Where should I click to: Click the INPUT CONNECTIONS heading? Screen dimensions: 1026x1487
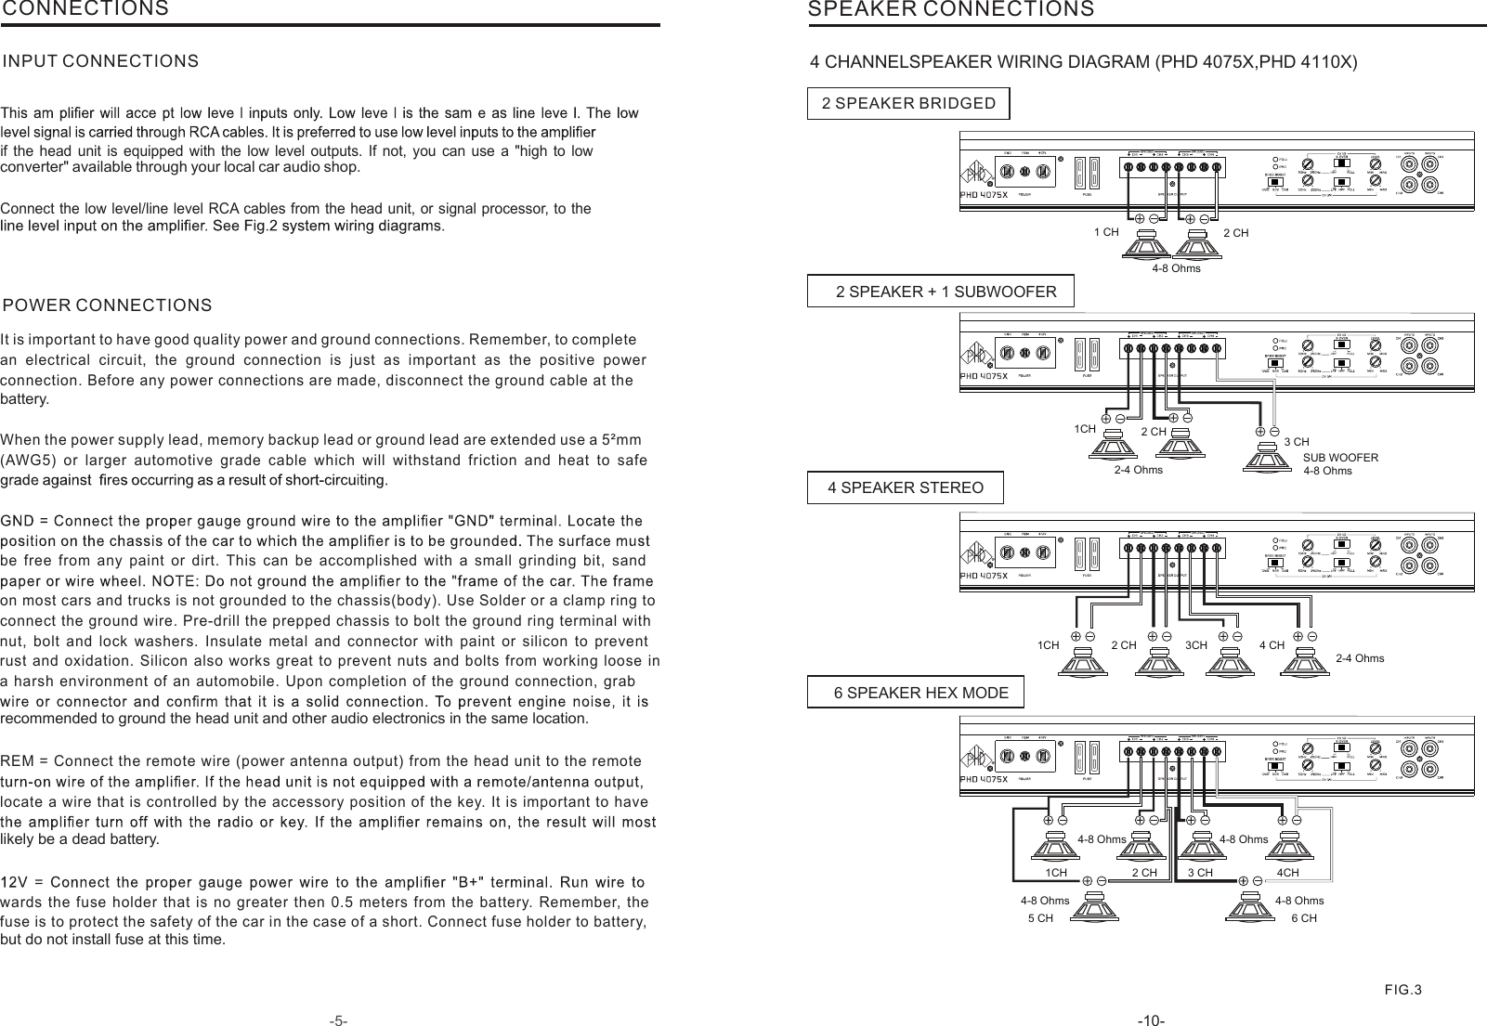[101, 61]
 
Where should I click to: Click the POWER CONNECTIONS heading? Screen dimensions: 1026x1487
[108, 305]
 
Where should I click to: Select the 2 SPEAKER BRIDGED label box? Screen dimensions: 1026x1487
[908, 103]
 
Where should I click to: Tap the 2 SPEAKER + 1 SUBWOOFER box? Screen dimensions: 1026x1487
[940, 292]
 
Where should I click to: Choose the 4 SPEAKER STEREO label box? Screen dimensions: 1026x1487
[905, 487]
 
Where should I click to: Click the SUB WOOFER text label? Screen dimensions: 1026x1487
[1340, 457]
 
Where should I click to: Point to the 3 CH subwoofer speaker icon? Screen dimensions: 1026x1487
[1267, 457]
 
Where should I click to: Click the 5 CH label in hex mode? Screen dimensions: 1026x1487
[1040, 918]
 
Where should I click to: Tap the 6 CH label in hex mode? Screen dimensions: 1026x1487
[1303, 918]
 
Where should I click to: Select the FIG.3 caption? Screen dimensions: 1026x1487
[1402, 989]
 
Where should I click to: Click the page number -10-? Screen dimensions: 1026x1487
[1151, 1020]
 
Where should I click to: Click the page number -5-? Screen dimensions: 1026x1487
[338, 1020]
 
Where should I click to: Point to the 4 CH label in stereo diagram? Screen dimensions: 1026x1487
[1272, 644]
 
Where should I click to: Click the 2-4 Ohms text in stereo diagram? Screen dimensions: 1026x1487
[1359, 658]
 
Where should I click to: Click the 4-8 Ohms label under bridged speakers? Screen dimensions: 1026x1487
[1176, 268]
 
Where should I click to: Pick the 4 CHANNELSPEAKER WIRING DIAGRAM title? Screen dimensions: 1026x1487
[1084, 62]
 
